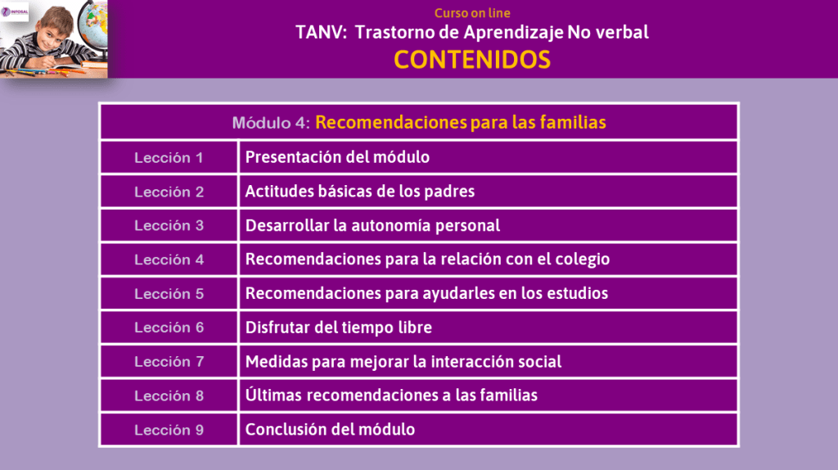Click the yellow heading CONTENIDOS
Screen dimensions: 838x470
coord(472,59)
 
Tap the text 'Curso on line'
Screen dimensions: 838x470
coord(472,13)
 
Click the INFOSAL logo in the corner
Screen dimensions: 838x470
coord(15,11)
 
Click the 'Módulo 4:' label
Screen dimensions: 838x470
coord(271,123)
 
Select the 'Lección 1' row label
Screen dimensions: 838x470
coord(169,158)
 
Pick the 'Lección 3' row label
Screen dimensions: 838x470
coord(169,226)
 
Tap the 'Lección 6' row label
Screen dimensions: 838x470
coord(169,328)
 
